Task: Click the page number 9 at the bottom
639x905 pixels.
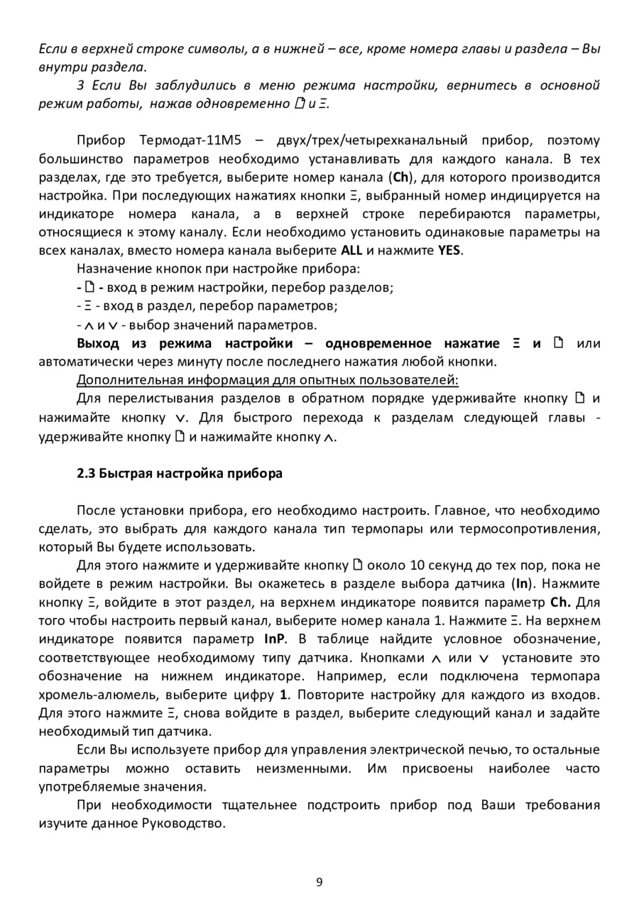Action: (319, 882)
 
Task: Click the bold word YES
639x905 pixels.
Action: (449, 251)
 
